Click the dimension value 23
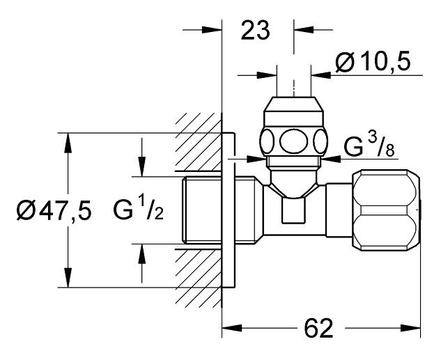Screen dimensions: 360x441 coord(256,32)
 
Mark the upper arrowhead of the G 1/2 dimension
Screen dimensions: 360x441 coord(142,167)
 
